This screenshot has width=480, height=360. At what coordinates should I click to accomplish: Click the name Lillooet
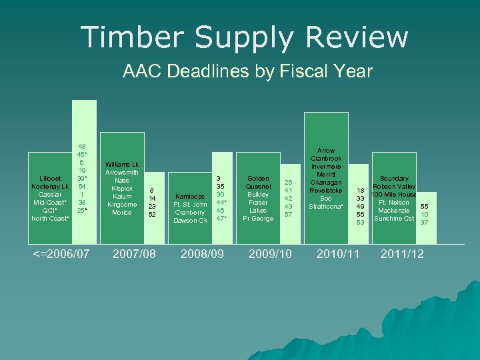click(51, 178)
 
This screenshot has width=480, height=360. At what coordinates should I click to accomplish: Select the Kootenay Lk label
click(51, 186)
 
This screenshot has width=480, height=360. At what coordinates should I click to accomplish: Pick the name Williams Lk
click(122, 164)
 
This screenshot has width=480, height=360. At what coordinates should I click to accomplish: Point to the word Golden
click(257, 178)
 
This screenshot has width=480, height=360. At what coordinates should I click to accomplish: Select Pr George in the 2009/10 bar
click(257, 218)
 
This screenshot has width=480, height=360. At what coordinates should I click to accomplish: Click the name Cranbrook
click(326, 159)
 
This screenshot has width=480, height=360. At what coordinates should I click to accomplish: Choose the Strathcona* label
click(326, 207)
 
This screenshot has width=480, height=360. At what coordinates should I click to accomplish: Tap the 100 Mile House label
click(394, 195)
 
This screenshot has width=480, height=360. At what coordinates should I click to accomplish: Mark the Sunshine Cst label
click(394, 219)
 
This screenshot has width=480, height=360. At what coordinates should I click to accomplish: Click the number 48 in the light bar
click(81, 146)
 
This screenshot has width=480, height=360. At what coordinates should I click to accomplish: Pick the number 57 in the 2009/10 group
click(288, 214)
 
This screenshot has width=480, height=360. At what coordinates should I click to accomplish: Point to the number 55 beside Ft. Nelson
click(424, 207)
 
